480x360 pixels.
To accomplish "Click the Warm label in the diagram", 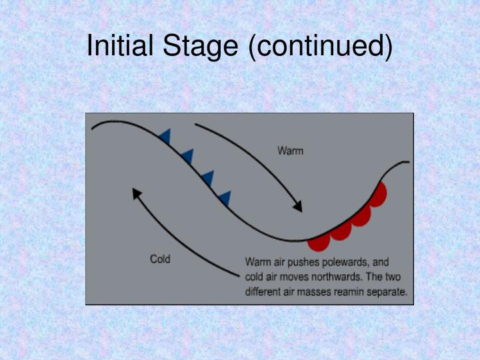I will (x=290, y=151).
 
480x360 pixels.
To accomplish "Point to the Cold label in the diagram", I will (x=160, y=259).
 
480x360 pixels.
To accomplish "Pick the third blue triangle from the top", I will (x=207, y=178).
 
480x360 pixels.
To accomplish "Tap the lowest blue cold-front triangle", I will (x=225, y=198).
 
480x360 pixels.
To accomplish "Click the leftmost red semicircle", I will (x=318, y=242).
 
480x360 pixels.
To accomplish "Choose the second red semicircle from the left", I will (x=341, y=231).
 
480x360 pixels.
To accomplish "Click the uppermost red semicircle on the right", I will (x=378, y=195).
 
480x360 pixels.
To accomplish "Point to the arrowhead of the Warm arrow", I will (x=298, y=207).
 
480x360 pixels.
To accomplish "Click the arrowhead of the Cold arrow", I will (x=137, y=193).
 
